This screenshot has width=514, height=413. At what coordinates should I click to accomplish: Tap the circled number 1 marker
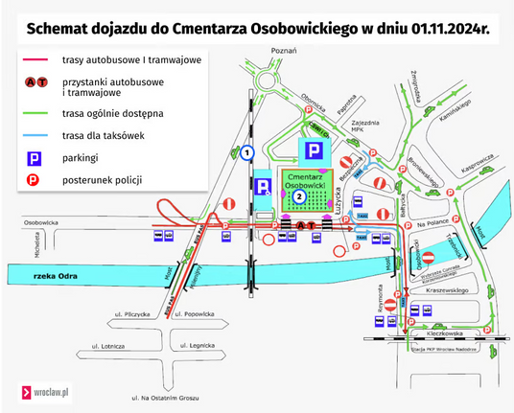(x=246, y=152)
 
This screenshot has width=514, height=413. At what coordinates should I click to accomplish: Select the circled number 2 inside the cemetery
(x=299, y=196)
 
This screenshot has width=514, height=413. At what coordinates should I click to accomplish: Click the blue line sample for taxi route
(x=33, y=134)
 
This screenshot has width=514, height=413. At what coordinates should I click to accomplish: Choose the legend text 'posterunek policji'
(x=102, y=179)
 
